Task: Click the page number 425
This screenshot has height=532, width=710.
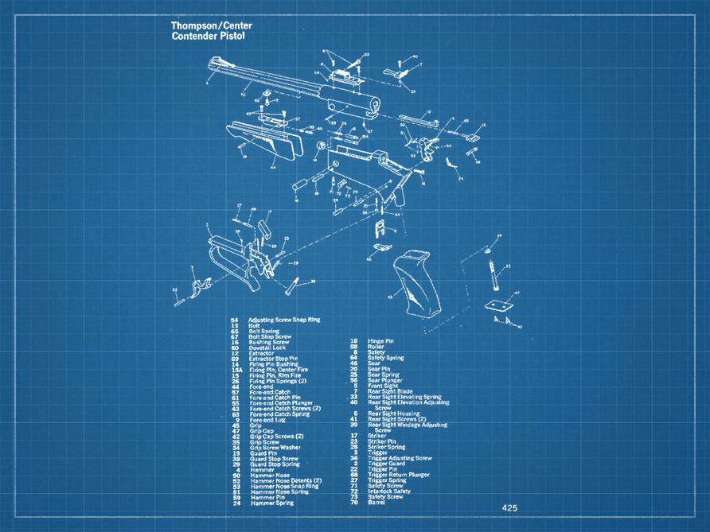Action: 509,507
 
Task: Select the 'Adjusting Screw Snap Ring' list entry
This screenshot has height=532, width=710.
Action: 284,319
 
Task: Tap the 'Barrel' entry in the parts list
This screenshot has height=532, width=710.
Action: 376,503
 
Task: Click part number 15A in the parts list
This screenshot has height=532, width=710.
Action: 236,370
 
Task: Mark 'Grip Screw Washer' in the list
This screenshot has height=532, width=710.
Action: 275,447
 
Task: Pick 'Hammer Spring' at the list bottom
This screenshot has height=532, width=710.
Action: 272,503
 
